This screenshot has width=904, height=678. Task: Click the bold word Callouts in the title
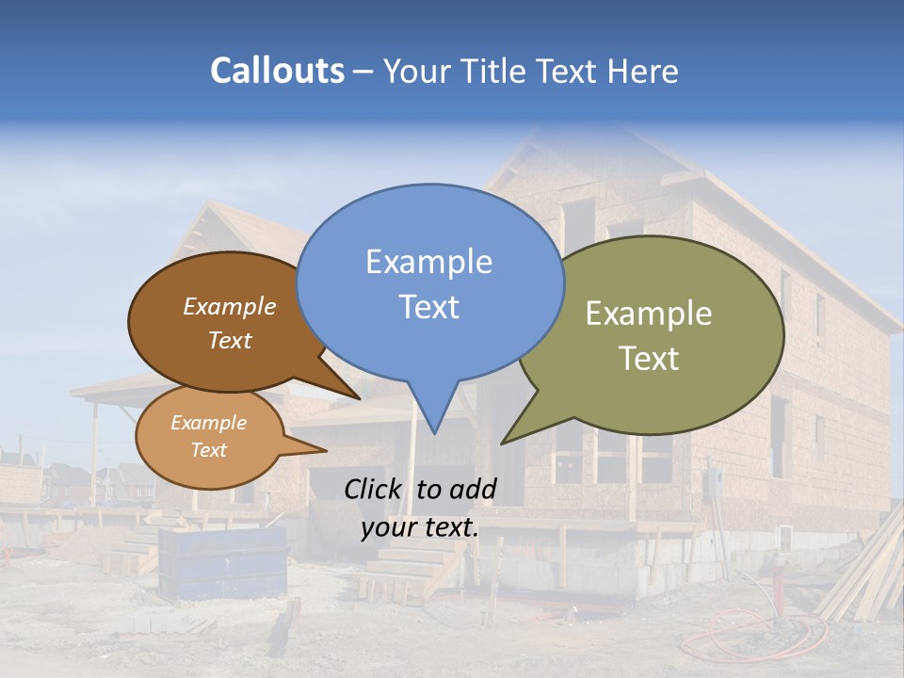pyautogui.click(x=277, y=71)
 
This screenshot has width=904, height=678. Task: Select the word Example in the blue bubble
pyautogui.click(x=428, y=262)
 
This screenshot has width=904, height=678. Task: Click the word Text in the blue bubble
pyautogui.click(x=428, y=307)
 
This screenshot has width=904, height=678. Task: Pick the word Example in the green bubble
pyautogui.click(x=648, y=314)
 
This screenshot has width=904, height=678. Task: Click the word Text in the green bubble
pyautogui.click(x=648, y=359)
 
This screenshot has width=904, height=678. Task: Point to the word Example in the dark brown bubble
pyautogui.click(x=229, y=307)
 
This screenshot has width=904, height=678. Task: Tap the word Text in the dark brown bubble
pyautogui.click(x=229, y=340)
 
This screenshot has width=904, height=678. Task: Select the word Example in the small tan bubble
pyautogui.click(x=208, y=423)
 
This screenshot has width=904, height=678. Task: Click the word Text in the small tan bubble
pyautogui.click(x=208, y=450)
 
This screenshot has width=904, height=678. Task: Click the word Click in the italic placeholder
pyautogui.click(x=375, y=489)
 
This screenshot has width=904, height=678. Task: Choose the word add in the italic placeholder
pyautogui.click(x=474, y=489)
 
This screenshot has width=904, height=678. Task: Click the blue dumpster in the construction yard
pyautogui.click(x=222, y=561)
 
